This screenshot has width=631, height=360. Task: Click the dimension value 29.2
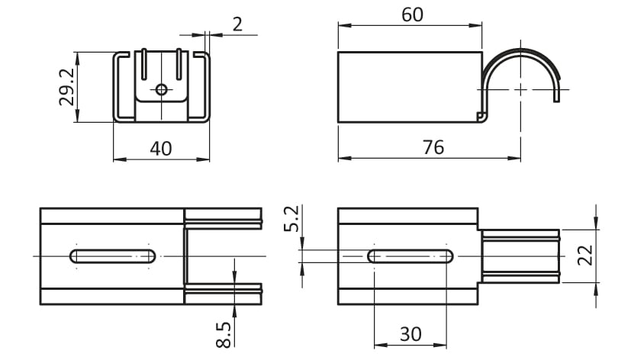point(67,87)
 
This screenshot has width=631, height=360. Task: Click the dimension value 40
point(161,149)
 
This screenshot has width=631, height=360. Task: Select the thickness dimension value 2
point(238,24)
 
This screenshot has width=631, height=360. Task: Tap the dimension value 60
point(413,15)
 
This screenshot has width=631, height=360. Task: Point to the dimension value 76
point(433,148)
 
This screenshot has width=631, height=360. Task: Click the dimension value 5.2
point(292,219)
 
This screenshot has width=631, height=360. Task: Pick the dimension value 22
point(585,255)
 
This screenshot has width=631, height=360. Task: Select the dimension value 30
point(410,334)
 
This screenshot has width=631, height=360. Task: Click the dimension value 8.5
point(224,334)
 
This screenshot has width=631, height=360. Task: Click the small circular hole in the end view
point(161,89)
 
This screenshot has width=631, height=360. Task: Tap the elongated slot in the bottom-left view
point(113,256)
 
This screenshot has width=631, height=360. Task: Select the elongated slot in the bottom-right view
point(410,256)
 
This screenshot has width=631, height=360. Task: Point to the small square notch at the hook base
point(480,116)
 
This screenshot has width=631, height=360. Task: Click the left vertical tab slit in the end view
point(143,64)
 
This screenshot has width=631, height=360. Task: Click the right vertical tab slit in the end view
point(179,64)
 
